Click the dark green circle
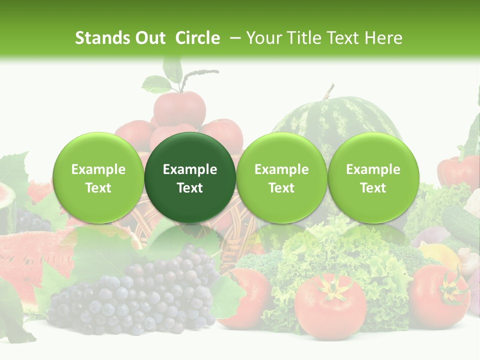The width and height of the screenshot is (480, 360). (189, 177)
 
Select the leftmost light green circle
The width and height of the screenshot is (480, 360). (98, 177)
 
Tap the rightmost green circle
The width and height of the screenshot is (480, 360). (373, 177)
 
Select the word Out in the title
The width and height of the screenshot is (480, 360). (150, 38)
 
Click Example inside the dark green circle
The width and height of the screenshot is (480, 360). (190, 169)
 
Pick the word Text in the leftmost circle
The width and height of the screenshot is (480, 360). (98, 188)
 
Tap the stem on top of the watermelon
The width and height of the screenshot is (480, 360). (328, 91)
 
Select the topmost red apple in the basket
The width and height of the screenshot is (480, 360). (179, 107)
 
